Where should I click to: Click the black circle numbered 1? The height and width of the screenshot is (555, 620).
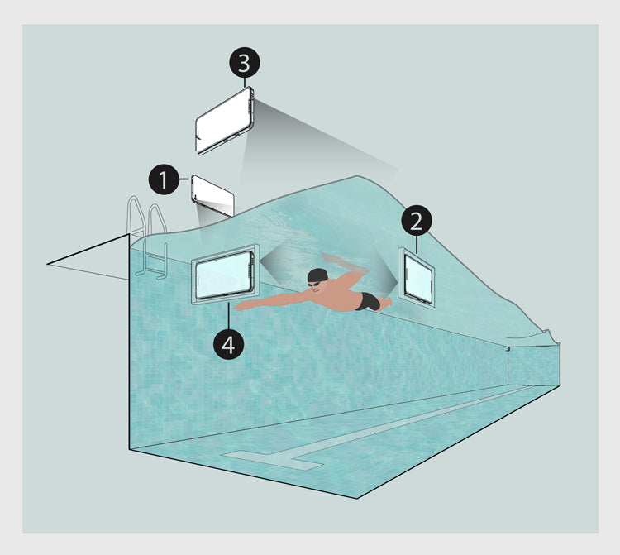[165, 179]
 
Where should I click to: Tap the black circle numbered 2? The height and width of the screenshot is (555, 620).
[417, 221]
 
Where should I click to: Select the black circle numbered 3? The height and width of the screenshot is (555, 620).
[245, 63]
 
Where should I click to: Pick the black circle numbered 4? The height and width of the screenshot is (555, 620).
[228, 344]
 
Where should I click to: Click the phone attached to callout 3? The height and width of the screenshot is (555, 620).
[224, 120]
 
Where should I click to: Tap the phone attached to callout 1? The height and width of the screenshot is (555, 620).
[212, 196]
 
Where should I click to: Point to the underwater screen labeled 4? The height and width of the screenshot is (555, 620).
[225, 274]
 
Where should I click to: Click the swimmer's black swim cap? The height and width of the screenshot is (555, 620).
[317, 275]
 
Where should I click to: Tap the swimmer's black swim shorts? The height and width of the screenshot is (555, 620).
[370, 301]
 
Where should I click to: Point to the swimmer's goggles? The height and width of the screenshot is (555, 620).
[314, 284]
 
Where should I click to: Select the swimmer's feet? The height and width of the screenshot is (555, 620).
[386, 303]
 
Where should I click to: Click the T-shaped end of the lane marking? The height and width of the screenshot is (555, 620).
[273, 461]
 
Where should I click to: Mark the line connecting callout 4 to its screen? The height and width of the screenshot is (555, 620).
[228, 316]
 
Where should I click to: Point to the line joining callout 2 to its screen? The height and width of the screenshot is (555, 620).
[417, 245]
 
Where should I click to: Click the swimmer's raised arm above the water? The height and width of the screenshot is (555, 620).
[344, 262]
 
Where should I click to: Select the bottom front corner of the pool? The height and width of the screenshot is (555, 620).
[357, 499]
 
